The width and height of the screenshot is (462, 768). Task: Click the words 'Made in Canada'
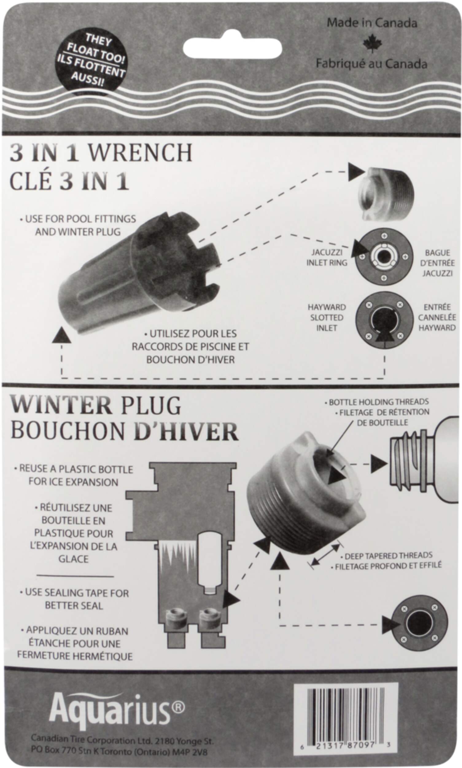tap(372, 23)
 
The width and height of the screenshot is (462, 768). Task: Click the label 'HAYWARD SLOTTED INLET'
tap(327, 317)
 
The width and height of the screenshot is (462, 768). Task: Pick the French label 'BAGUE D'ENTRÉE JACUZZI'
tap(437, 263)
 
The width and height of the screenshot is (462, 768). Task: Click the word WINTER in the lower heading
tap(61, 405)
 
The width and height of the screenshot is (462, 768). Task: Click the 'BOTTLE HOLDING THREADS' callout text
tap(379, 402)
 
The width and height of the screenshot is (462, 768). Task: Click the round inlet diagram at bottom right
tap(419, 623)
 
